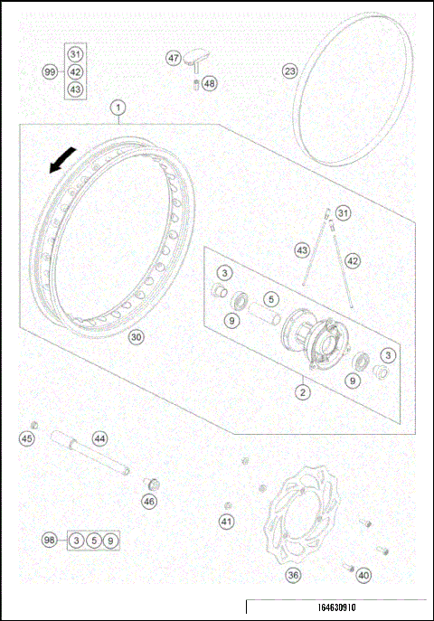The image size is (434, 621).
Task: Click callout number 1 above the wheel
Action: tap(118, 108)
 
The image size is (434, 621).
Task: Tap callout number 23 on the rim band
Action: tap(289, 71)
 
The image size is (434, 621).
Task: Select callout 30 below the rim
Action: tap(136, 337)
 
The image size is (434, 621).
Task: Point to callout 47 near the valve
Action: tap(174, 57)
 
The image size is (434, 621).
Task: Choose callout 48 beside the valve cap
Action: tap(210, 83)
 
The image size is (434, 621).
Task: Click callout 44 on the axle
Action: tap(99, 438)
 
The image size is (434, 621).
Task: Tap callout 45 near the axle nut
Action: tap(27, 438)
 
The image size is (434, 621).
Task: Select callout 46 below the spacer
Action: tap(149, 500)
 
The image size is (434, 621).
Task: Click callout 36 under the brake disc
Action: tap(293, 574)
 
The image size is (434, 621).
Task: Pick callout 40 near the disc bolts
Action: tap(363, 574)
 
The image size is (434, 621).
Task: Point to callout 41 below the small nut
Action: tap(226, 521)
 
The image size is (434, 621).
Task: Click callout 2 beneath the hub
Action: tap(304, 392)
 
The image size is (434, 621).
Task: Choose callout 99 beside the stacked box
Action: tap(50, 71)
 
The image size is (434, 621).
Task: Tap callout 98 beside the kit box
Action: tap(50, 541)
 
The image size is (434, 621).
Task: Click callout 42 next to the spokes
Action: tap(353, 260)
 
